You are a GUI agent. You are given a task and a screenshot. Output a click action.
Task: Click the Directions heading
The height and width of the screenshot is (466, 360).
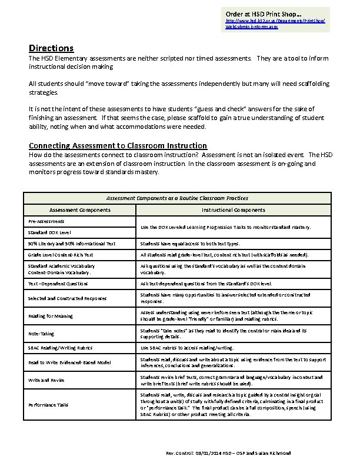point(51,48)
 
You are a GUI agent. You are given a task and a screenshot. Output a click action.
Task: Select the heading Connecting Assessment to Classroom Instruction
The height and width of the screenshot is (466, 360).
point(118,145)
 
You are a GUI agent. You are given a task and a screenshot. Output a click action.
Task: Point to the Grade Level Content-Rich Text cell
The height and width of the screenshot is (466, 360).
point(61,255)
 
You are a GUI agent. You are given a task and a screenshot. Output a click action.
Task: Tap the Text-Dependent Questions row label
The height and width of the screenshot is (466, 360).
point(58,283)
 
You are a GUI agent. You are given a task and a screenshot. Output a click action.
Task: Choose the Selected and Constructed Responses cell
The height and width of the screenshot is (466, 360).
point(68,298)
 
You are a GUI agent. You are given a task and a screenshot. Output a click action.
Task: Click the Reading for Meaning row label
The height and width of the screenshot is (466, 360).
point(51,316)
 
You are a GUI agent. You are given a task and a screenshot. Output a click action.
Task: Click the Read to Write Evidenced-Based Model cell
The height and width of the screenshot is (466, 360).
point(69,362)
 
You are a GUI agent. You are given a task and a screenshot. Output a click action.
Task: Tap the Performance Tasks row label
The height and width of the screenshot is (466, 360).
point(49,405)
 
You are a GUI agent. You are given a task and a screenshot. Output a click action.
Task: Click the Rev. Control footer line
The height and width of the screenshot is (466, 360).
point(229,454)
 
